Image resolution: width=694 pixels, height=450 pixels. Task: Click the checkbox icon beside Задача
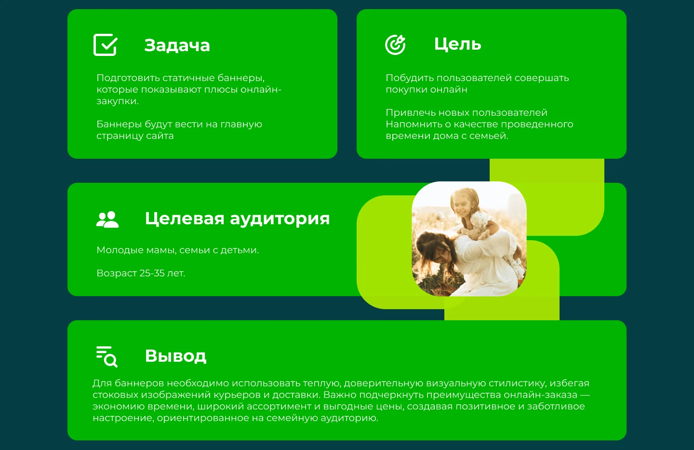point(105,45)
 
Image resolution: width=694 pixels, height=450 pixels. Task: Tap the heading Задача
point(177,45)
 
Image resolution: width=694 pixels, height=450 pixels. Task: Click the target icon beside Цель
point(395,45)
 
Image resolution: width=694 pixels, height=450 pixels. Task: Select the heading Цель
point(457,44)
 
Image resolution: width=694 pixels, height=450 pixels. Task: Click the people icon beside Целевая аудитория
point(107,219)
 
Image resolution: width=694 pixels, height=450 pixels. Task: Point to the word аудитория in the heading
point(280,218)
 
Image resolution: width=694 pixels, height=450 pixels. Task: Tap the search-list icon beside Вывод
point(107,356)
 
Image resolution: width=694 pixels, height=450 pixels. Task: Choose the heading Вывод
point(175,356)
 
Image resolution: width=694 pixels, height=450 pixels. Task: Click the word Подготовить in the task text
point(128,78)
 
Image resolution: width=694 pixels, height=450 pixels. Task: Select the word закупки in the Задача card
point(116,101)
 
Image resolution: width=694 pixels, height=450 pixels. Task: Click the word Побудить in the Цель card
point(408,78)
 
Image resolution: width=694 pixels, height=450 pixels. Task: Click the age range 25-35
point(151,273)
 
